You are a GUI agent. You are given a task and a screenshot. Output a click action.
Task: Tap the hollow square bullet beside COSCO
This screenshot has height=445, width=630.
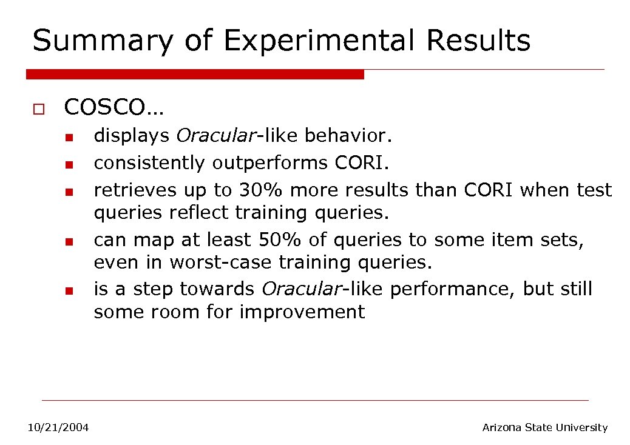point(38,110)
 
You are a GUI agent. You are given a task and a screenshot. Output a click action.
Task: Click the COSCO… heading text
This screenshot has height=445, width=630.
point(113,107)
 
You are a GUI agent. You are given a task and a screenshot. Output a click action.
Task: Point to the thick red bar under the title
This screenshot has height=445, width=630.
point(194,74)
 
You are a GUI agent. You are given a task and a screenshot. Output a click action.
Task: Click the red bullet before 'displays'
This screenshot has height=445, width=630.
point(70,138)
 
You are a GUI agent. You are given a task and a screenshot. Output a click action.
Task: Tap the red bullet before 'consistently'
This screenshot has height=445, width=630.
point(70,165)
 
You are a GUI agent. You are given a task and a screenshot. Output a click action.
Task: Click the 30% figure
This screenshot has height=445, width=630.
point(261,190)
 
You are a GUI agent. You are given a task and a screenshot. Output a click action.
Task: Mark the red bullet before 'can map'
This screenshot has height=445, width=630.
point(70,243)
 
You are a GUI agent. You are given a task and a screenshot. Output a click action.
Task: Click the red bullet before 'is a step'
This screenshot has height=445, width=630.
point(70,292)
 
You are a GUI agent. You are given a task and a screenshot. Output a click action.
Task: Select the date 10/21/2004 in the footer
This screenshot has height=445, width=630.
point(58,428)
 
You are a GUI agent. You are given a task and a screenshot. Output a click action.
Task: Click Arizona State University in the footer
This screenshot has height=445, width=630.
point(544,428)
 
